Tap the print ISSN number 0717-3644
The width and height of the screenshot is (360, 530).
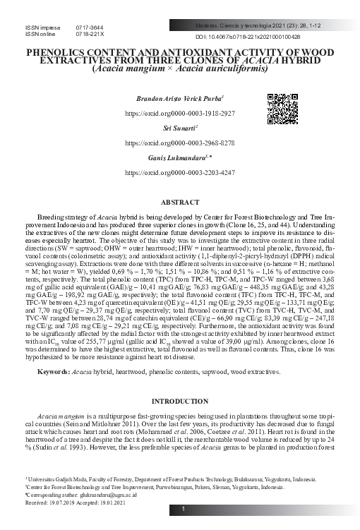point(89,27)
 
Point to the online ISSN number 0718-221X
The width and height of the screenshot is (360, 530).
point(89,34)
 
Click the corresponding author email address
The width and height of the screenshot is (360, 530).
point(95,495)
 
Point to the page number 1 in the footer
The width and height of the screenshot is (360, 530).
point(184,509)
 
